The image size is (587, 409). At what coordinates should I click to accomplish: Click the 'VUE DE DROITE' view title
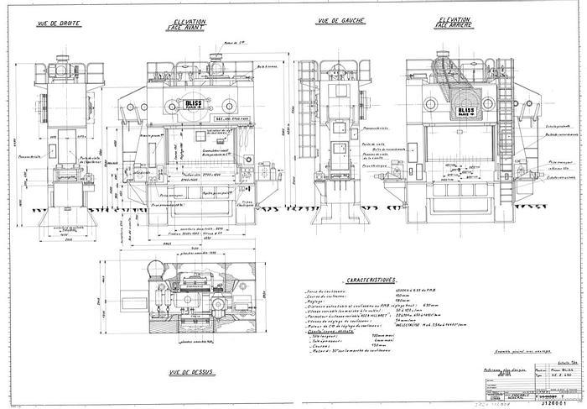point(60,25)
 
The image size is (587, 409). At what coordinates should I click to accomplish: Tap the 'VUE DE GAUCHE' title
point(337,24)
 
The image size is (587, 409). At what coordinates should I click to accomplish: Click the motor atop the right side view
point(63,60)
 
